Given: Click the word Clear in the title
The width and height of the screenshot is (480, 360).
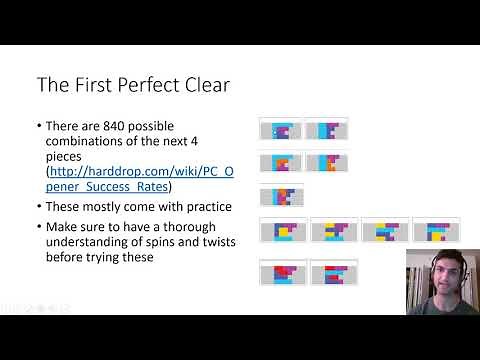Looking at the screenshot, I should (x=205, y=85).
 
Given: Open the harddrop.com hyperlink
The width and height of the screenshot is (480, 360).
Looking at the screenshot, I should (x=140, y=172).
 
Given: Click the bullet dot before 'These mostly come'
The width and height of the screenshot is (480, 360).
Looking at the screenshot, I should (x=38, y=207).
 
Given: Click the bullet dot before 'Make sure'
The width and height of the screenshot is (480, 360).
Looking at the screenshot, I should (x=38, y=225).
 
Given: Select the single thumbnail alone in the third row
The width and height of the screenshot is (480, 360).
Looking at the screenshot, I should (x=280, y=196).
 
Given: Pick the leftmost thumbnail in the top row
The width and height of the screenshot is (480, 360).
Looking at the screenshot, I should (x=280, y=130).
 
